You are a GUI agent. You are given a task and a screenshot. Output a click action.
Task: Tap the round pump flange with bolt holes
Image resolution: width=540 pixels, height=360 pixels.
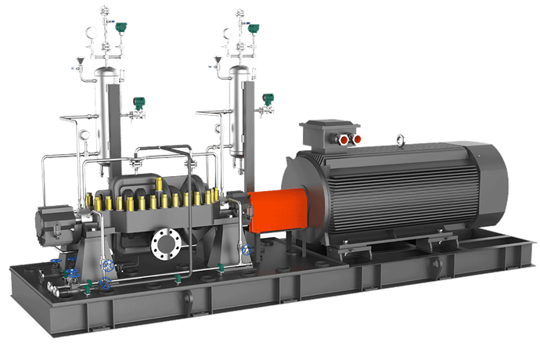(166, 243)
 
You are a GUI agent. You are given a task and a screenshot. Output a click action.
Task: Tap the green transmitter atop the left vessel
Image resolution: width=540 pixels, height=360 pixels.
(121, 27)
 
